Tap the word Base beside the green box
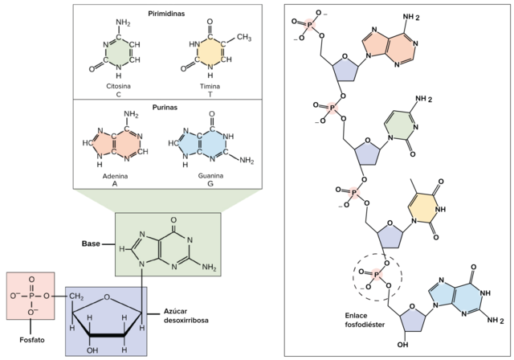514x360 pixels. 90,243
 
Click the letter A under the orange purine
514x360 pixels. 115,183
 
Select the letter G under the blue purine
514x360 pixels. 210,183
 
